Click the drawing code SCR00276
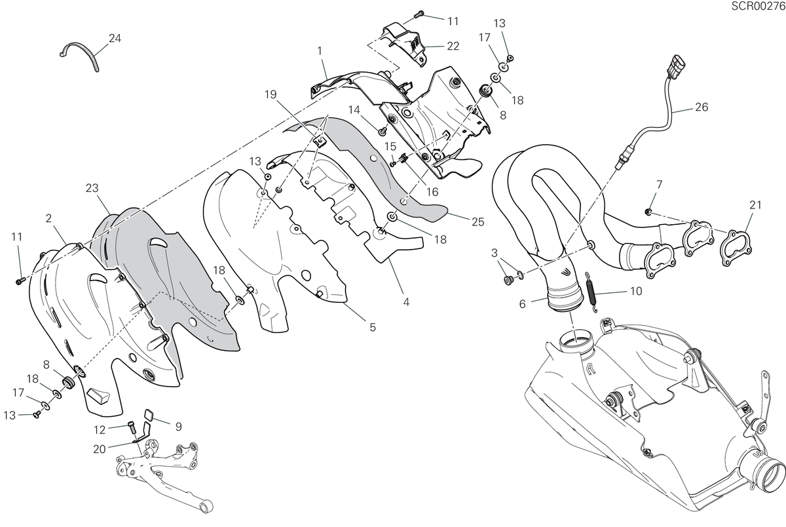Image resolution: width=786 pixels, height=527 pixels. point(758,6)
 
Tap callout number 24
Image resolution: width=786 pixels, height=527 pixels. point(115,38)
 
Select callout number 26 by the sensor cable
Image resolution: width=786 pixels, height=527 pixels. point(702,107)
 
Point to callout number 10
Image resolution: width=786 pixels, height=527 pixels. point(636,291)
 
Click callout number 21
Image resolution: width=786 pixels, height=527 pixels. point(755,205)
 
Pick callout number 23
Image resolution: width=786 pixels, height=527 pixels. point(92,188)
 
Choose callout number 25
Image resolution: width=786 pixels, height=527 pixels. point(478,222)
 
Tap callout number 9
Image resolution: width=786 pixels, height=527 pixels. point(179,427)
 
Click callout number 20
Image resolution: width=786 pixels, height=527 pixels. point(100,449)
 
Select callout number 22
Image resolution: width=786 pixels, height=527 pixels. point(453,47)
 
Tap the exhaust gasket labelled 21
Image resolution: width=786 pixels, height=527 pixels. point(736,248)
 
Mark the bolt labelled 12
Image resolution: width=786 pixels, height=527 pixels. point(132,427)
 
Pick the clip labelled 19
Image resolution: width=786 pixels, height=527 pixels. point(320,142)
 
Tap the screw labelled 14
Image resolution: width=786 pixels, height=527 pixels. point(382,132)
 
